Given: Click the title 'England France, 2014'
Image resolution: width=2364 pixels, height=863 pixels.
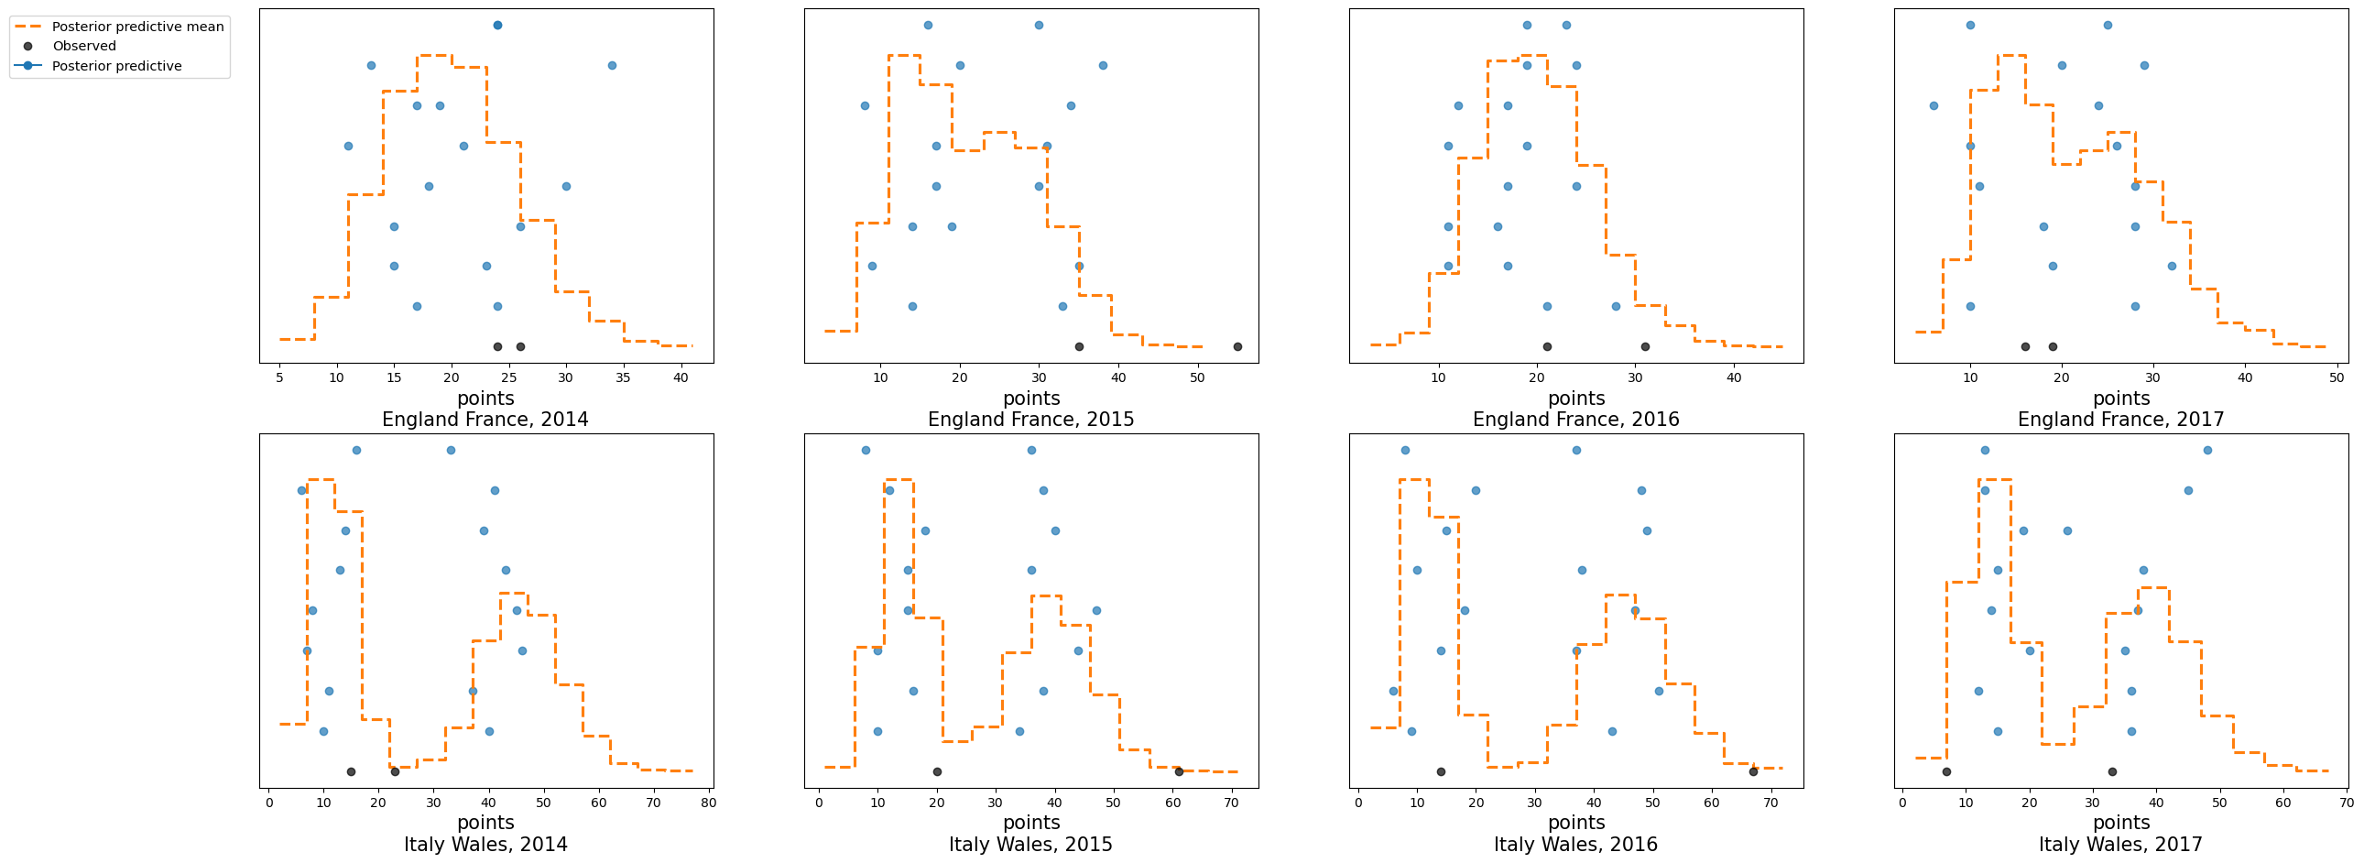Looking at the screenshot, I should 485,420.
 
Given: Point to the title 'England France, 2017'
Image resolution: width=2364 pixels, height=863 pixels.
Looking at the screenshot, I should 2120,420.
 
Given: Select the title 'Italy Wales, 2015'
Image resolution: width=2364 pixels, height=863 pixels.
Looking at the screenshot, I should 1030,845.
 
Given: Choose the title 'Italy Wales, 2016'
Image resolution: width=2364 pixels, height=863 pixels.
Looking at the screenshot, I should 1575,845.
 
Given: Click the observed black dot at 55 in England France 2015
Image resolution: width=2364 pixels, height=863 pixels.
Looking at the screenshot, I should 1238,347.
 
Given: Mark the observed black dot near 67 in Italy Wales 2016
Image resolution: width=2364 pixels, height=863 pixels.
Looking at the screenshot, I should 1754,772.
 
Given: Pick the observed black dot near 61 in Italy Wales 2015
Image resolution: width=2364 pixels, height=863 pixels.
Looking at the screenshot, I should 1179,772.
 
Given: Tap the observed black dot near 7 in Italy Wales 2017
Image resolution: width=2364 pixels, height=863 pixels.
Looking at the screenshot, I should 1946,772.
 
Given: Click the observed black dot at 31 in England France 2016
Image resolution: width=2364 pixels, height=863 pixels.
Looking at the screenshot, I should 1645,347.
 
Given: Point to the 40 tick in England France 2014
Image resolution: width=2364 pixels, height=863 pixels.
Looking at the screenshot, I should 681,377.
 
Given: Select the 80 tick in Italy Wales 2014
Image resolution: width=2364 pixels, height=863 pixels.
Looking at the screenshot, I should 708,803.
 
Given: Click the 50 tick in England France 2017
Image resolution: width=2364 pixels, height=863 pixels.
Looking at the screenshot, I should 2337,377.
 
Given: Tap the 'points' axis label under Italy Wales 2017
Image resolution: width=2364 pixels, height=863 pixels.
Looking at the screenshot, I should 2120,823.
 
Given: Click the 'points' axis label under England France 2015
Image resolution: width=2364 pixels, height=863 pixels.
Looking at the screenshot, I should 1031,399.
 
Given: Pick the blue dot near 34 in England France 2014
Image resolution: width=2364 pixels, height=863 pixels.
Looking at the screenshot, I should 612,66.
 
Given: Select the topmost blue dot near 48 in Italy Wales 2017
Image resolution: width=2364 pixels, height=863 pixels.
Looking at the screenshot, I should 2208,450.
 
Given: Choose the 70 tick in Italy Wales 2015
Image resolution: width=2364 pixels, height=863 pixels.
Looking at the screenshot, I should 1232,803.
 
